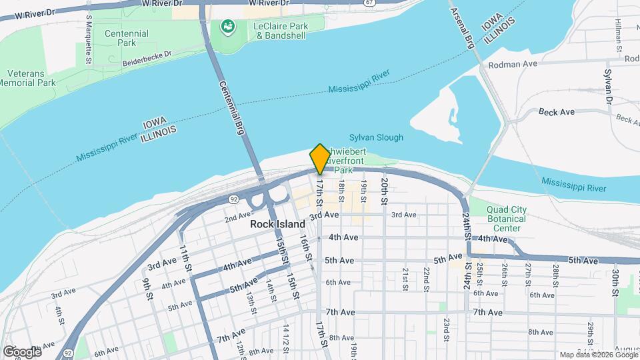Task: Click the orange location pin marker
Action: pos(319,159)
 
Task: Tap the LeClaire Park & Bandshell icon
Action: pos(227,27)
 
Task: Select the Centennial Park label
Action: pos(118,38)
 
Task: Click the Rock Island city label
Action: pos(277,224)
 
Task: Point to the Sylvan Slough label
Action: pos(376,138)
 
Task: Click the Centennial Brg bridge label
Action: pos(231,107)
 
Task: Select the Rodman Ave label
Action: pos(513,64)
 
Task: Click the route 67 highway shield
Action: pos(369,3)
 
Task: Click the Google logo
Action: pos(21,351)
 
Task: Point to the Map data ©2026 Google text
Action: pos(598,355)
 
